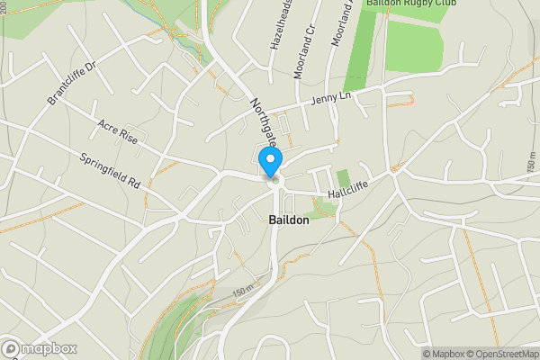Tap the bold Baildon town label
290,219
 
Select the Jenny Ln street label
331,100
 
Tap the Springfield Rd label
111,168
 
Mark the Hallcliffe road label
349,184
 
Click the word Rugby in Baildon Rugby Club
426,4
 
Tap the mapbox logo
40,348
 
